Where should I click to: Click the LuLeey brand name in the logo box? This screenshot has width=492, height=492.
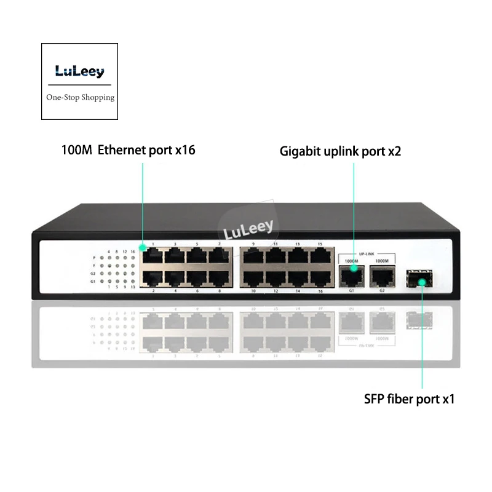pyautogui.click(x=78, y=71)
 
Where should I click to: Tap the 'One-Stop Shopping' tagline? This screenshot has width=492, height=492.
pyautogui.click(x=81, y=97)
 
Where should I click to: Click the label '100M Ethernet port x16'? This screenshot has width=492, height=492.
pyautogui.click(x=128, y=149)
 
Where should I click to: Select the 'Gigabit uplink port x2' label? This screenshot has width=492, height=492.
pyautogui.click(x=339, y=151)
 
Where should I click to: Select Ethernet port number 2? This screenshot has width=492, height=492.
pyautogui.click(x=153, y=277)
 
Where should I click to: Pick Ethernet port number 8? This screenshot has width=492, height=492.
pyautogui.click(x=218, y=277)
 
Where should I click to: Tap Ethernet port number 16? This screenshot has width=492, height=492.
pyautogui.click(x=319, y=277)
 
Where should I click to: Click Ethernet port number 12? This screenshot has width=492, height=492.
pyautogui.click(x=275, y=277)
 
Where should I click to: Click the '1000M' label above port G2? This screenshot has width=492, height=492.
pyautogui.click(x=382, y=261)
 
